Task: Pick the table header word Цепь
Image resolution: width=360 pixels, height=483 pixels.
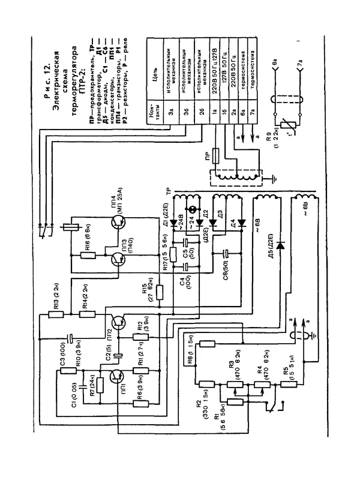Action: pos(155,76)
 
